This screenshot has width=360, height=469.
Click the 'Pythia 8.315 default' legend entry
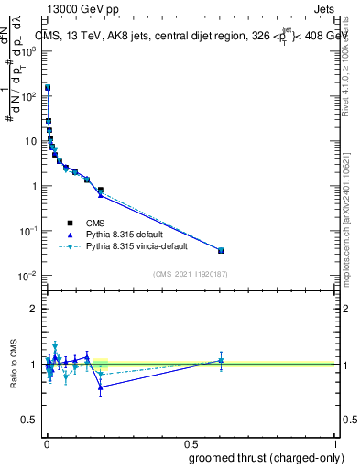(x=125, y=234)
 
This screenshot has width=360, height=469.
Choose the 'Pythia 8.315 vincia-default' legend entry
(x=137, y=246)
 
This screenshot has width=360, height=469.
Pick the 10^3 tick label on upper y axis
(x=29, y=51)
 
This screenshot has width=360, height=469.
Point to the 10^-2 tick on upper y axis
(x=29, y=276)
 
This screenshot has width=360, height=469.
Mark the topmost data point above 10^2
(x=48, y=88)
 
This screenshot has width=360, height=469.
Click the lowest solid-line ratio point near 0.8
(x=101, y=387)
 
